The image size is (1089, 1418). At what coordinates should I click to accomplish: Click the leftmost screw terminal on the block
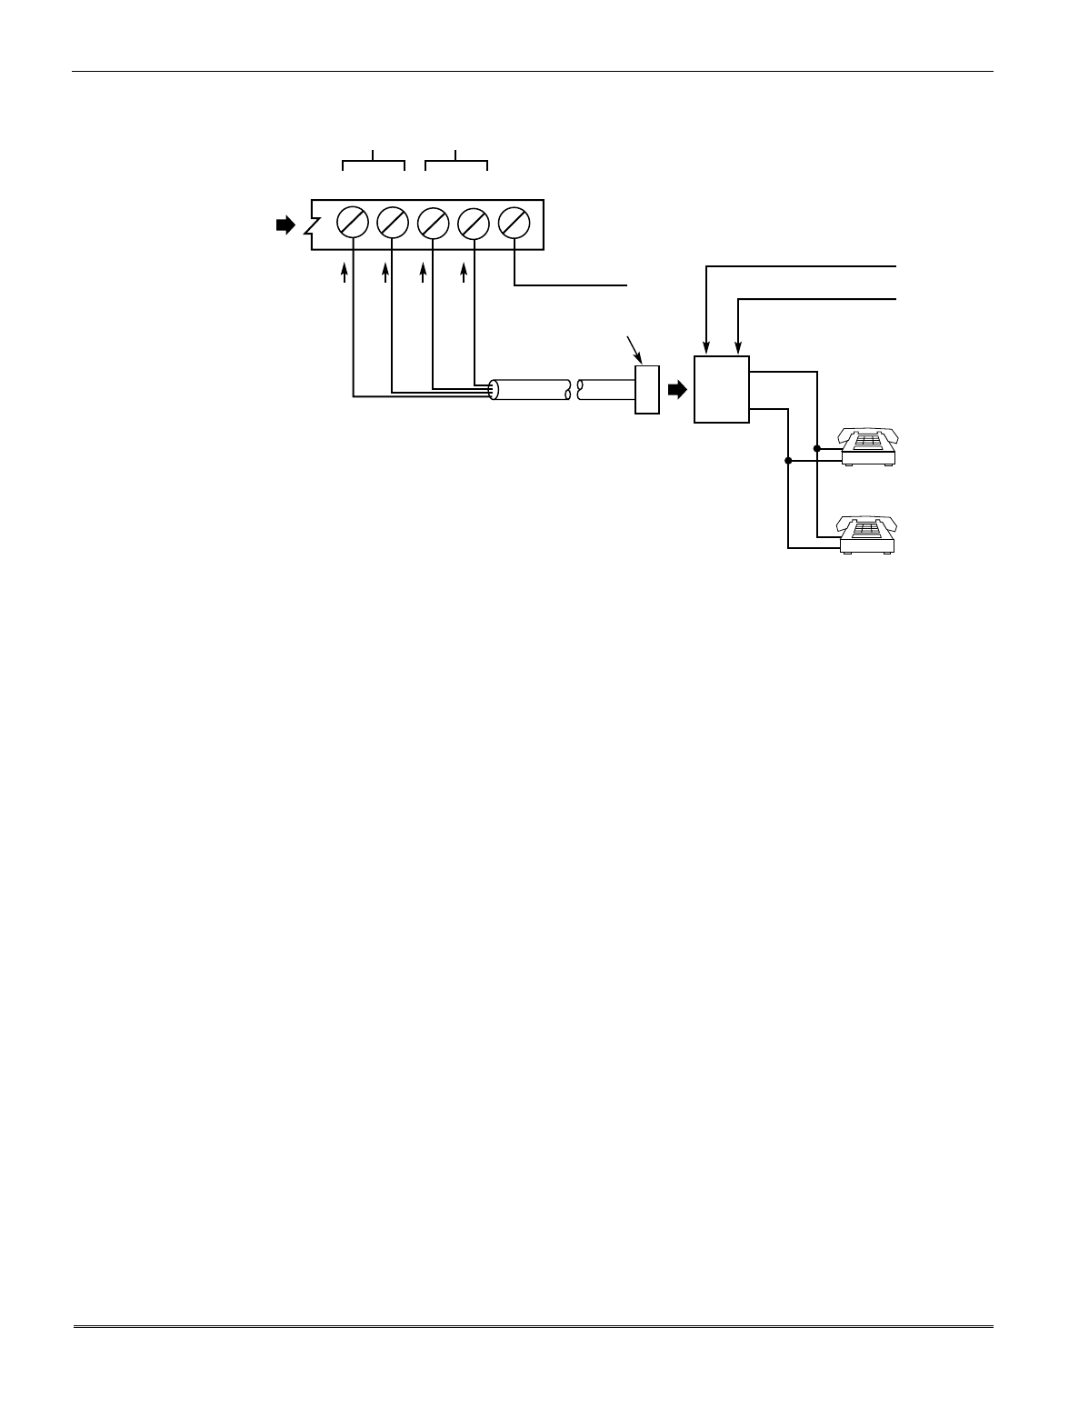(353, 222)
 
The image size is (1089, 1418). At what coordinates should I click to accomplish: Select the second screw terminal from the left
(393, 222)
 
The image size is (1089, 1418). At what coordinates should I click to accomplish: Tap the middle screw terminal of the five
(433, 222)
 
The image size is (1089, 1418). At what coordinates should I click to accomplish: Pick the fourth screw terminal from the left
(474, 222)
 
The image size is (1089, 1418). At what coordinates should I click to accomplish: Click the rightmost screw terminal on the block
(515, 222)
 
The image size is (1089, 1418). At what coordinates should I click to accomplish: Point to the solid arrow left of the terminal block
(285, 225)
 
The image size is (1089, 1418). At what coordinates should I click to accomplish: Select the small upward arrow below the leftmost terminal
(345, 273)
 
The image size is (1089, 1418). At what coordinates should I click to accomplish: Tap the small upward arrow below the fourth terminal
(465, 273)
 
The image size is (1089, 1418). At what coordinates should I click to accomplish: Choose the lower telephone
(869, 534)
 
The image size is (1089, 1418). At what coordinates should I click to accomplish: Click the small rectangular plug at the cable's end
(647, 390)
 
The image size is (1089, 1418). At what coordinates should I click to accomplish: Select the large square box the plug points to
(722, 389)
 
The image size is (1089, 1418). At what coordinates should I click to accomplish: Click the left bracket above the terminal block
(374, 162)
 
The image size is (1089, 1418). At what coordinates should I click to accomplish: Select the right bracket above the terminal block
(457, 162)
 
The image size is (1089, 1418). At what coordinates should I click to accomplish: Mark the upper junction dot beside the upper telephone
(817, 448)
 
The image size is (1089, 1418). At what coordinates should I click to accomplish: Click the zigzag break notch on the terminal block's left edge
(312, 225)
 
